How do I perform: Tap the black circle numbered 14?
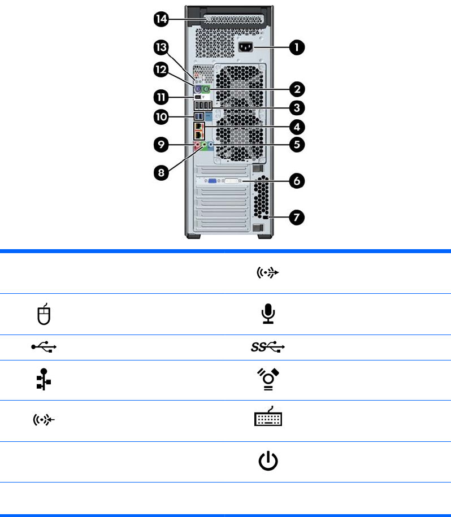162,19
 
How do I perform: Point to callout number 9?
162,145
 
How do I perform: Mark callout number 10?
162,117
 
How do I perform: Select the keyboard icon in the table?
268,416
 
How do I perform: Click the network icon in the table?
44,380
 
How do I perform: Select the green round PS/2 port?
206,89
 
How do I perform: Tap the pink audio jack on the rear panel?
198,145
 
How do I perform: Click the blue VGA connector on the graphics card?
213,181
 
